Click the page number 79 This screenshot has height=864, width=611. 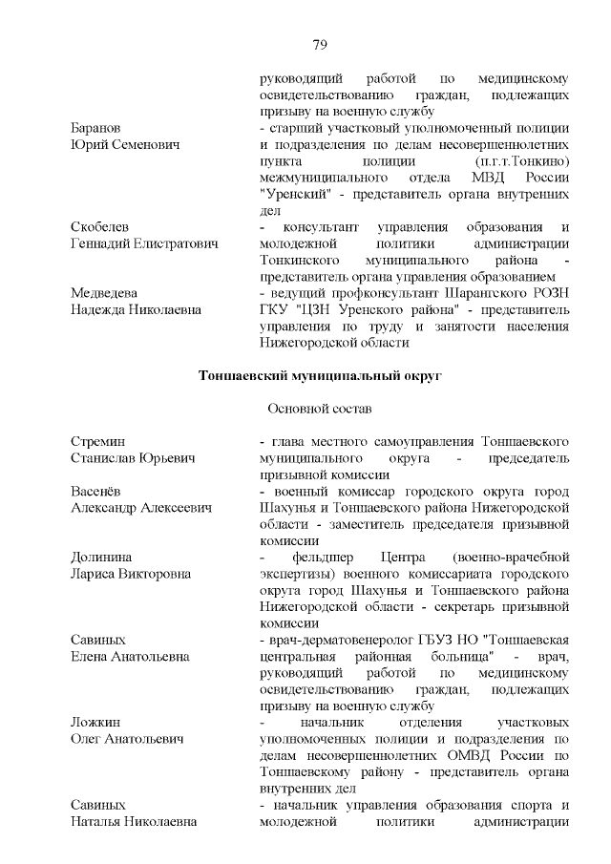tap(320, 44)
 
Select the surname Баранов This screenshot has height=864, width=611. tap(95, 127)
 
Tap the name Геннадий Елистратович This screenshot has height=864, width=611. tap(144, 243)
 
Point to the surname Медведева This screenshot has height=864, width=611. tap(104, 292)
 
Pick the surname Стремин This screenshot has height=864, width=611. tap(96, 441)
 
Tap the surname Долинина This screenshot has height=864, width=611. tap(101, 557)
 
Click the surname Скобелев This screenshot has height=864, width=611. tap(100, 226)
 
